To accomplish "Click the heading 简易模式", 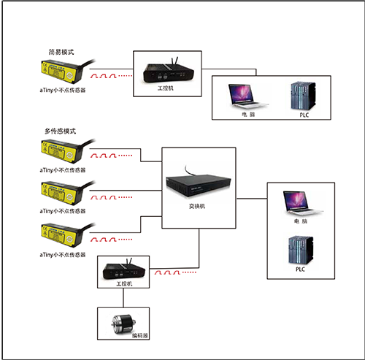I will pyautogui.click(x=60, y=53).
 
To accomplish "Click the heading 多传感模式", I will pyautogui.click(x=60, y=131).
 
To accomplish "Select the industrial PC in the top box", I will pyautogui.click(x=168, y=70).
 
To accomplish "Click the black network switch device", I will pyautogui.click(x=199, y=185).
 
